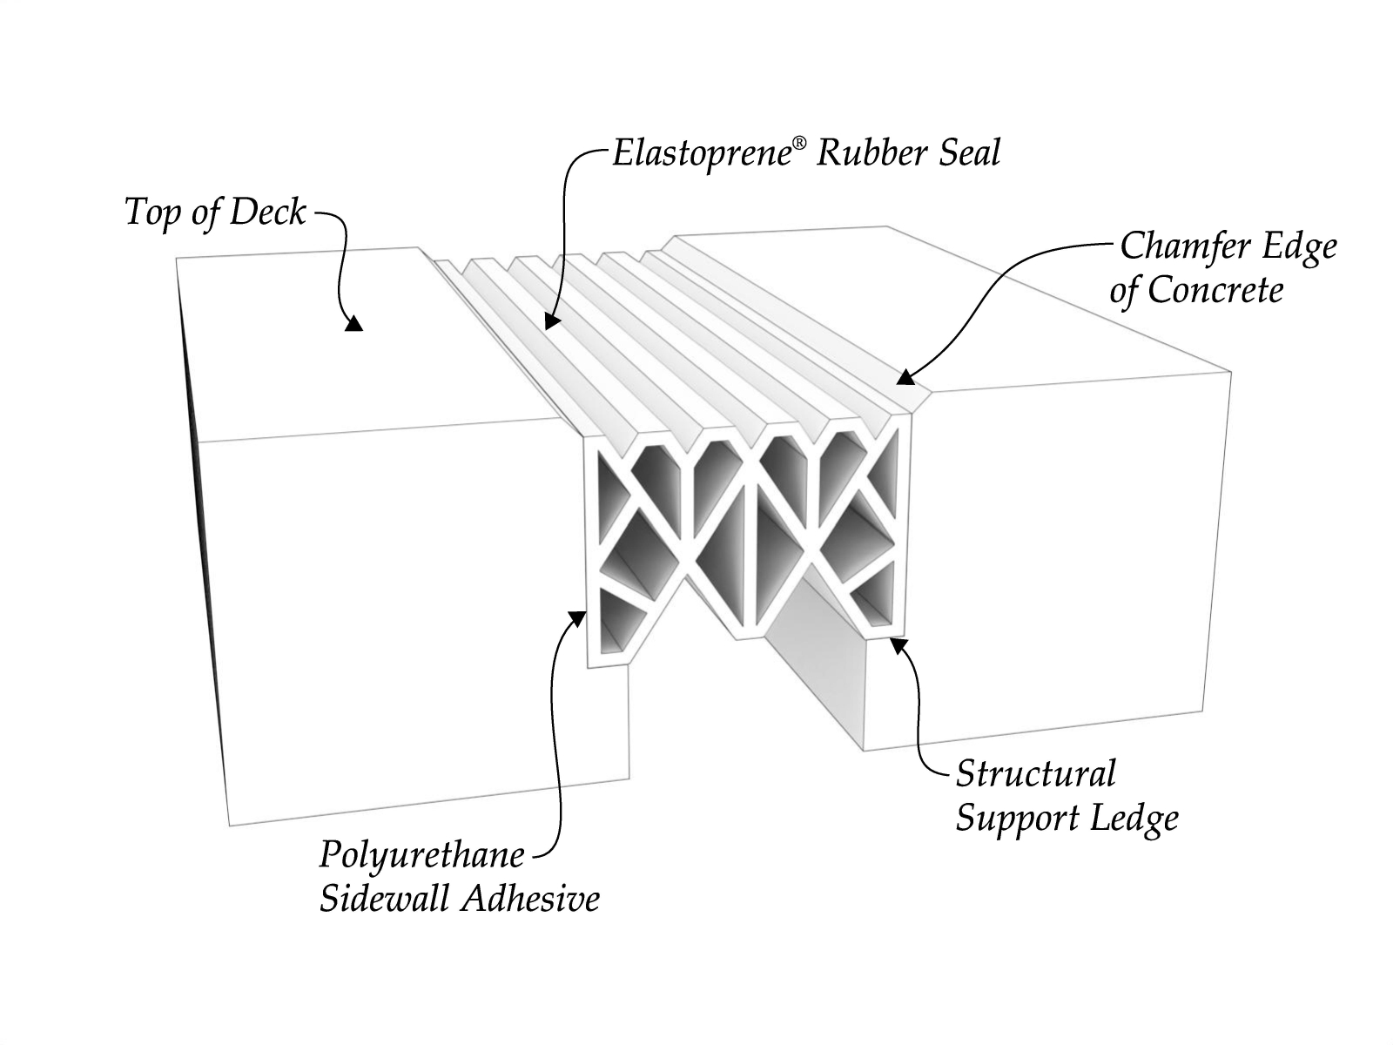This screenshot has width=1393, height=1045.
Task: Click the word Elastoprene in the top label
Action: coord(701,154)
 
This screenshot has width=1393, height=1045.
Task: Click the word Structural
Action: coord(1035,774)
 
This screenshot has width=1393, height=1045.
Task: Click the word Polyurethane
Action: coord(422,856)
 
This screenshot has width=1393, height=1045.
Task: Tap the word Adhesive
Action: coord(529,898)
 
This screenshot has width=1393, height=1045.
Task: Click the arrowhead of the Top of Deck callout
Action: coord(353,325)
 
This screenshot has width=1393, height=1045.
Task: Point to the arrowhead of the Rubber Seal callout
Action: coord(548,320)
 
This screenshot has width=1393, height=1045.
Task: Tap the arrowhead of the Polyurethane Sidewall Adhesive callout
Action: coord(577,617)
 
